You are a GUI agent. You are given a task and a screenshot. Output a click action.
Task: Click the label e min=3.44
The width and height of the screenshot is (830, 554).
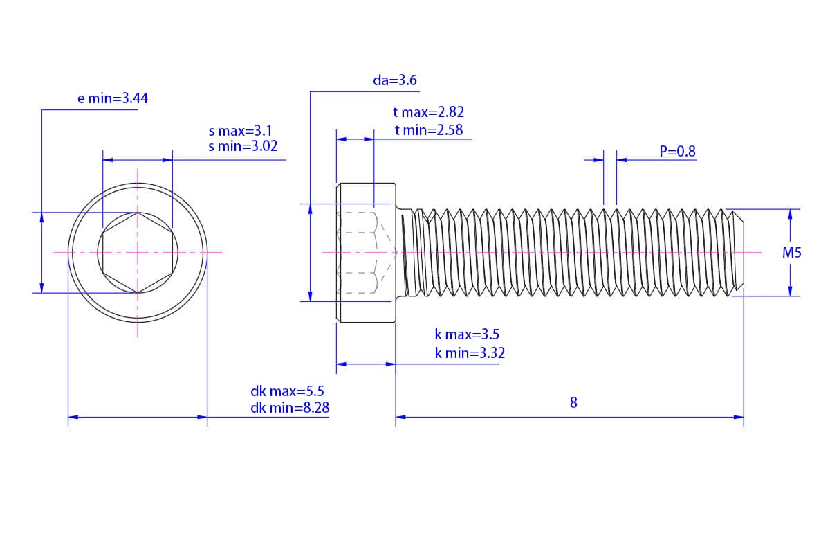tap(113, 98)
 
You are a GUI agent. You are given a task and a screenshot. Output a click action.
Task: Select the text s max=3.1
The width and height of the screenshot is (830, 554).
tap(241, 131)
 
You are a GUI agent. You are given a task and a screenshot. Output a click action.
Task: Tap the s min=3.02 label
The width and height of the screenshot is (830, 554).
tap(243, 146)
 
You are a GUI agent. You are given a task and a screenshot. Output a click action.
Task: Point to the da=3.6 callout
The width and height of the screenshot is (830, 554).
tap(395, 80)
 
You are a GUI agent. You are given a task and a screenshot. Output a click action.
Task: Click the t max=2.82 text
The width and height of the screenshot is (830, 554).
tap(428, 111)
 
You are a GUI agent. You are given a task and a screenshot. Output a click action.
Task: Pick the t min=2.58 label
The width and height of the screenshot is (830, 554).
tap(429, 130)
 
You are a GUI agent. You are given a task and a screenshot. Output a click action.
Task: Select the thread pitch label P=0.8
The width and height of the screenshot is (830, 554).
tap(677, 151)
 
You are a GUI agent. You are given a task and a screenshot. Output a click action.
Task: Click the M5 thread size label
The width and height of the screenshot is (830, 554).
tap(791, 252)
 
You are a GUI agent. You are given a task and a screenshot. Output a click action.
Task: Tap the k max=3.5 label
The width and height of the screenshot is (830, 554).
tap(467, 334)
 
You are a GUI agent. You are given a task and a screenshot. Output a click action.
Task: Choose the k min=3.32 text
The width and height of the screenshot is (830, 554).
tap(470, 353)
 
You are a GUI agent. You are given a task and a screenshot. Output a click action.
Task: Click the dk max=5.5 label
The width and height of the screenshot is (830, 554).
tap(287, 391)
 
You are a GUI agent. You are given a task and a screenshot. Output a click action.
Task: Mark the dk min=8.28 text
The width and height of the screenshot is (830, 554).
tap(290, 408)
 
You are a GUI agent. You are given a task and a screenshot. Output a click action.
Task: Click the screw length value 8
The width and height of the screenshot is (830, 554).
tap(573, 402)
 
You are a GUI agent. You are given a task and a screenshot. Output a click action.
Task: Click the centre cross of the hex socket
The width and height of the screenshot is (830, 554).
tap(138, 253)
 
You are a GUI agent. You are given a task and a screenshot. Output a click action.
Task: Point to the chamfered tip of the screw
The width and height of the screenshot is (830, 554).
tap(738, 253)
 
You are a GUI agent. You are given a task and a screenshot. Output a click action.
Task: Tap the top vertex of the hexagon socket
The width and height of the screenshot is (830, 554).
tap(138, 212)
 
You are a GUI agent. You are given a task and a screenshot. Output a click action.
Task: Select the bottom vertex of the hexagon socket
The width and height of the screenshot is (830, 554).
tap(138, 293)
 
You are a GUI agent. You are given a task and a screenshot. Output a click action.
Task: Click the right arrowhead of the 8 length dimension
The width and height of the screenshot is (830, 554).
tap(739, 417)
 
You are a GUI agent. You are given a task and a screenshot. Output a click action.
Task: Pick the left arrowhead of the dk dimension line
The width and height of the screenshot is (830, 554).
tap(73, 417)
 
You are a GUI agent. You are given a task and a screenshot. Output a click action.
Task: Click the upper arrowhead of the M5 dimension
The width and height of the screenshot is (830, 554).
tap(790, 215)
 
